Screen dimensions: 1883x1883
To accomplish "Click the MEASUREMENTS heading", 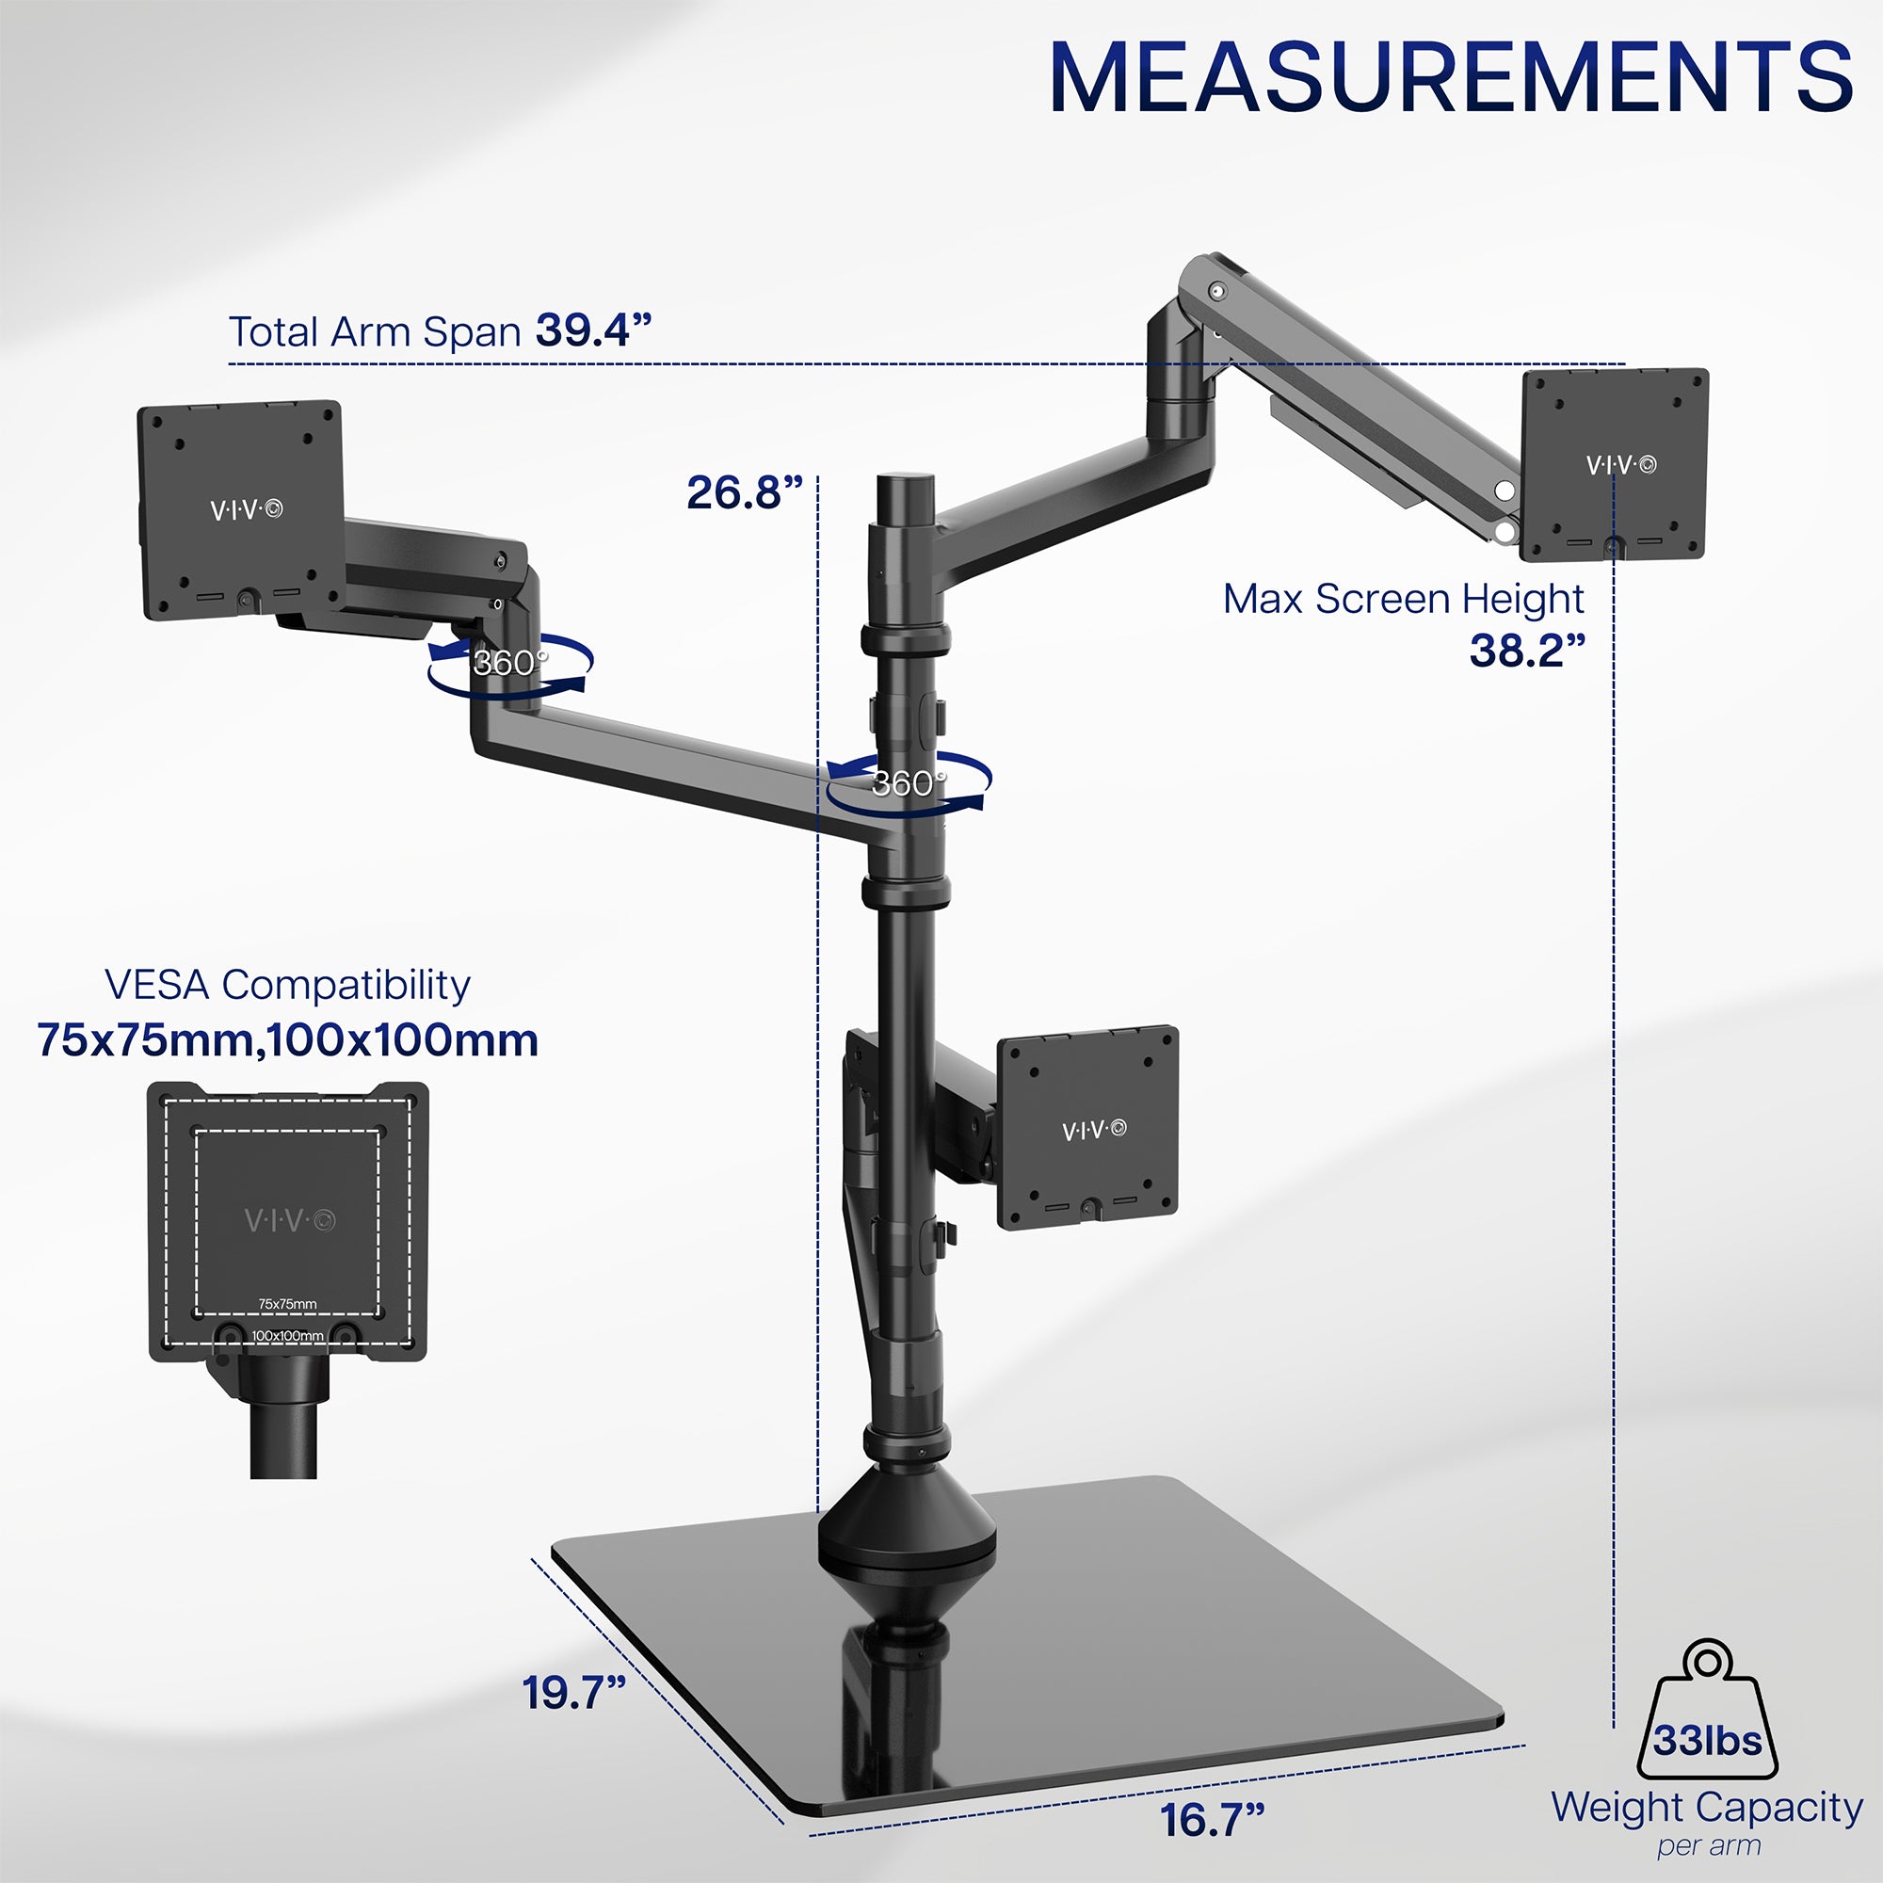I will [1450, 78].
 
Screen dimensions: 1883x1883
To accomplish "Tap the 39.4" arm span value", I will [592, 330].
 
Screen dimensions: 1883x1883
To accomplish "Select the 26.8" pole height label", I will [745, 492].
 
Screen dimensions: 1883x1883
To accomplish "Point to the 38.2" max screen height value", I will [1526, 650].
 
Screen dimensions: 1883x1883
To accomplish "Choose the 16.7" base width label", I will [1212, 1820].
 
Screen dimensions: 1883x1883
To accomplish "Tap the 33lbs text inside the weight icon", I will [1707, 1739].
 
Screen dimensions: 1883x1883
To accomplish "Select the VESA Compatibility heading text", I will [287, 985].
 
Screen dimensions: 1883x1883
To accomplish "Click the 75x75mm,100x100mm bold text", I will [287, 1040].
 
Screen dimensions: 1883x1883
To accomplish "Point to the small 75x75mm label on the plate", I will [287, 1304].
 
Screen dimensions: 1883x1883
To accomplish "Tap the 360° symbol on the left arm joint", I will [508, 663].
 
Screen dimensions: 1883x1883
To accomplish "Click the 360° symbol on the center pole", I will [909, 782].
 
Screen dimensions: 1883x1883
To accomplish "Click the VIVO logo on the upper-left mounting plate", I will [247, 508].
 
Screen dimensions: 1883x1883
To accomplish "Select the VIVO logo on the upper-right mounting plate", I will [1619, 465].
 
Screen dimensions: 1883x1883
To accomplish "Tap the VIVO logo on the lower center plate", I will [1093, 1130].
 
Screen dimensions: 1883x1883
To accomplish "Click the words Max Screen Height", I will [1403, 599].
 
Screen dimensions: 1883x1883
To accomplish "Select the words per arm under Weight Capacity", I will [1709, 1846].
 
